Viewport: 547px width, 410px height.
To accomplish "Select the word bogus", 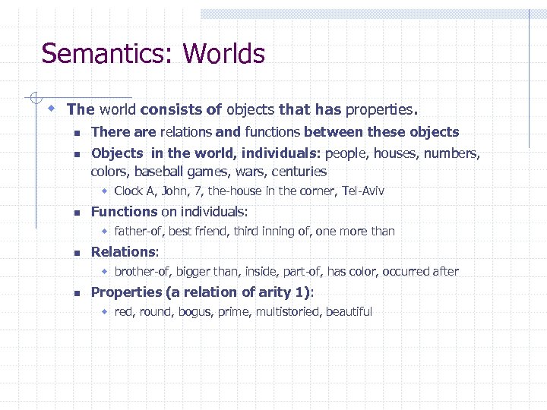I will point(195,311).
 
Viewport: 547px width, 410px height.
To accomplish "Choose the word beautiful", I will point(349,311).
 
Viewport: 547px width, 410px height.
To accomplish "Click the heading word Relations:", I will point(125,251).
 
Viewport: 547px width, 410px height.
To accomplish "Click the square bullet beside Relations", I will point(77,252).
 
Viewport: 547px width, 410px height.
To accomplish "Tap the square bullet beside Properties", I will point(77,292).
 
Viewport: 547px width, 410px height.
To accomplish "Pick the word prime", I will point(233,311).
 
